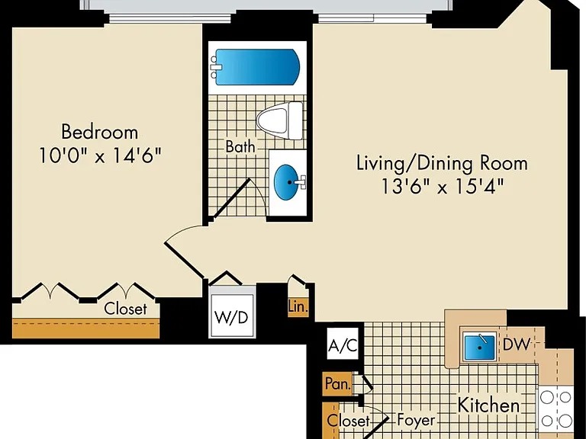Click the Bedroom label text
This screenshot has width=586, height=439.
(x=99, y=132)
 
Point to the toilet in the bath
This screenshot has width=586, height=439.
(x=279, y=120)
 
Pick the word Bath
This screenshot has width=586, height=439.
(x=240, y=146)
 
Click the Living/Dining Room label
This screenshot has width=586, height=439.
(x=442, y=164)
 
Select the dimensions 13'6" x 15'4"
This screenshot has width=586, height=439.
(x=443, y=186)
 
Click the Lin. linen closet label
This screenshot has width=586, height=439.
(x=298, y=307)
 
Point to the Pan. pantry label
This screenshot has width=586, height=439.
(x=337, y=383)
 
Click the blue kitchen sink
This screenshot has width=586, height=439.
(x=479, y=347)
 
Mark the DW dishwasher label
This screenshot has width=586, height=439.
(x=517, y=344)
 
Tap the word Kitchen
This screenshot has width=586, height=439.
(x=489, y=405)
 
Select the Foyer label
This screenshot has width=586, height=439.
(x=416, y=421)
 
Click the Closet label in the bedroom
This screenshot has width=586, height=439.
(x=126, y=309)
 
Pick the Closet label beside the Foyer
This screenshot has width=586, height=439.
(x=348, y=421)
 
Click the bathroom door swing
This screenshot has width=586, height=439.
(x=239, y=198)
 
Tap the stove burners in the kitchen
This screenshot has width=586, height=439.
(x=555, y=409)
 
